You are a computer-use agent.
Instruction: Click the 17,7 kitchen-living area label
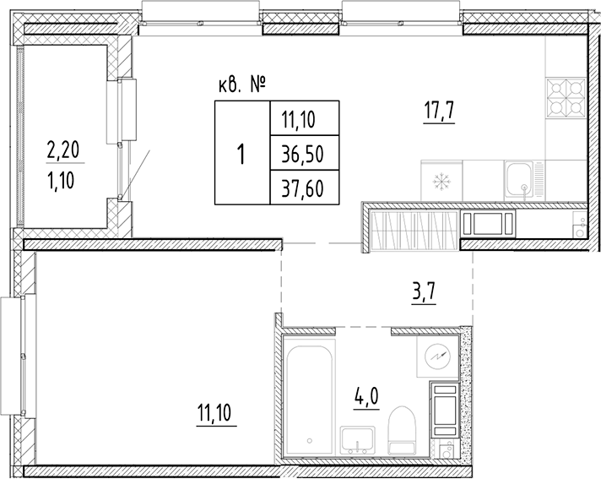pyautogui.click(x=439, y=111)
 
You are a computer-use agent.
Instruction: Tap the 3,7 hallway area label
pyautogui.click(x=425, y=296)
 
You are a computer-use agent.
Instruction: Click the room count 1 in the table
pyautogui.click(x=242, y=153)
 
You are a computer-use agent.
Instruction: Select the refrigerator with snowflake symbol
pyautogui.click(x=438, y=181)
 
